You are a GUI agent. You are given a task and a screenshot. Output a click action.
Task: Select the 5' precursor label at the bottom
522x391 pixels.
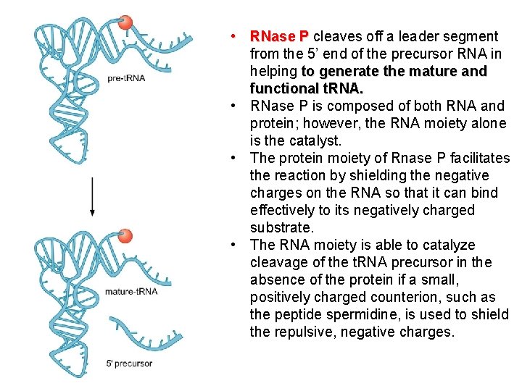coord(128,363)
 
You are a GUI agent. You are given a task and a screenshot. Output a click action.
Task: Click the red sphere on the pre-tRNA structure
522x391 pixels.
coord(125,23)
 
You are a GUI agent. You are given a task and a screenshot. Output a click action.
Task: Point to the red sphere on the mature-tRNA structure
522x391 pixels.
coord(125,236)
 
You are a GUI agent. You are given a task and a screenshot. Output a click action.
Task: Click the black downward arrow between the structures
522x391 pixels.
coord(92,195)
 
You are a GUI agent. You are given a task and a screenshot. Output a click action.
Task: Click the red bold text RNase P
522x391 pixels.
coord(279,36)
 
